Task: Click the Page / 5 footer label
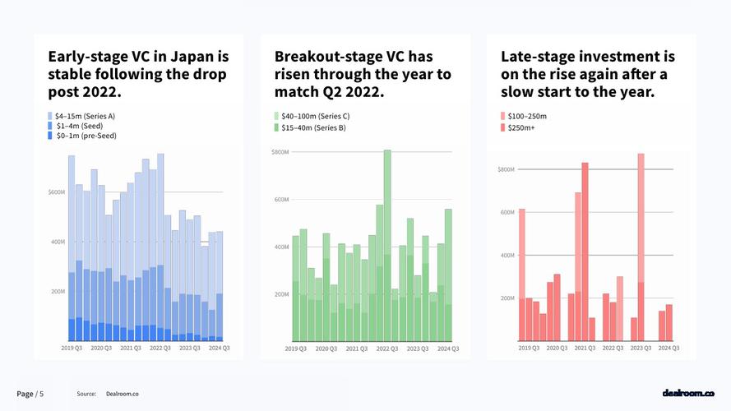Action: click(x=30, y=395)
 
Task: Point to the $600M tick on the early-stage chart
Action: click(x=56, y=192)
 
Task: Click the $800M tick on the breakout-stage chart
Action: click(x=280, y=152)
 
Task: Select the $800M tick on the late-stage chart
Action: click(x=506, y=169)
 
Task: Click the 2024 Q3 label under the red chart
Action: click(x=668, y=348)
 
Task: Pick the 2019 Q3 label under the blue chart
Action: click(x=72, y=349)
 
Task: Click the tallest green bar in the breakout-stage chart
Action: click(x=387, y=247)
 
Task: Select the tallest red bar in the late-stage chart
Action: click(x=641, y=247)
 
